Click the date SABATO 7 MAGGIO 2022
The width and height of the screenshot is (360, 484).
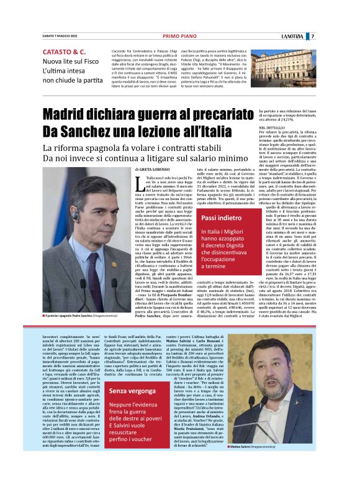pyautogui.click(x=59, y=37)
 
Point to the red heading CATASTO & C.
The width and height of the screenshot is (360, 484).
pyautogui.click(x=64, y=52)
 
